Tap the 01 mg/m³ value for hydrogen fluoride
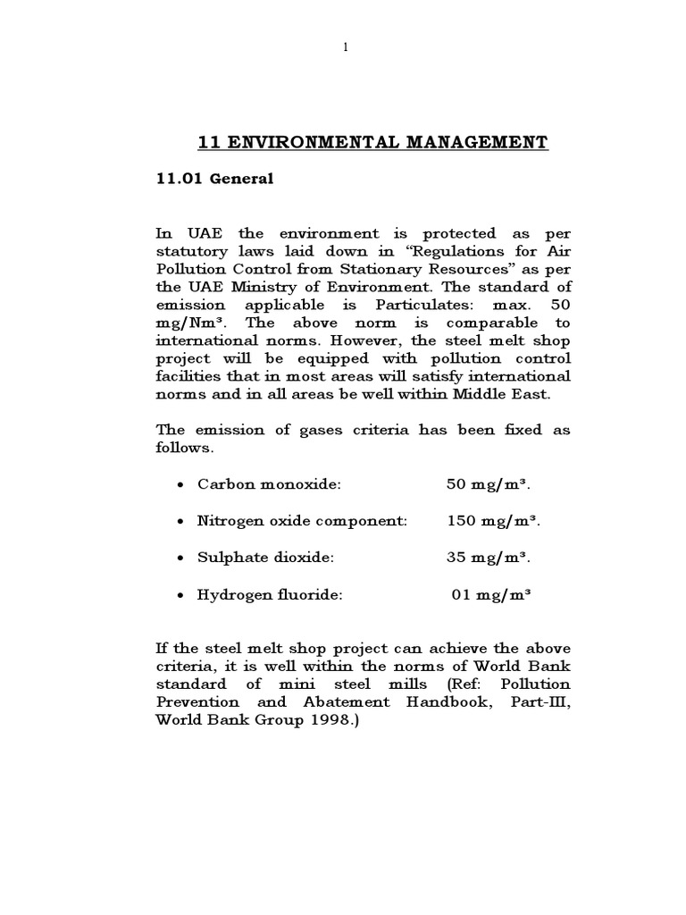(489, 592)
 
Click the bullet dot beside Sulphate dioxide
(181, 558)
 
